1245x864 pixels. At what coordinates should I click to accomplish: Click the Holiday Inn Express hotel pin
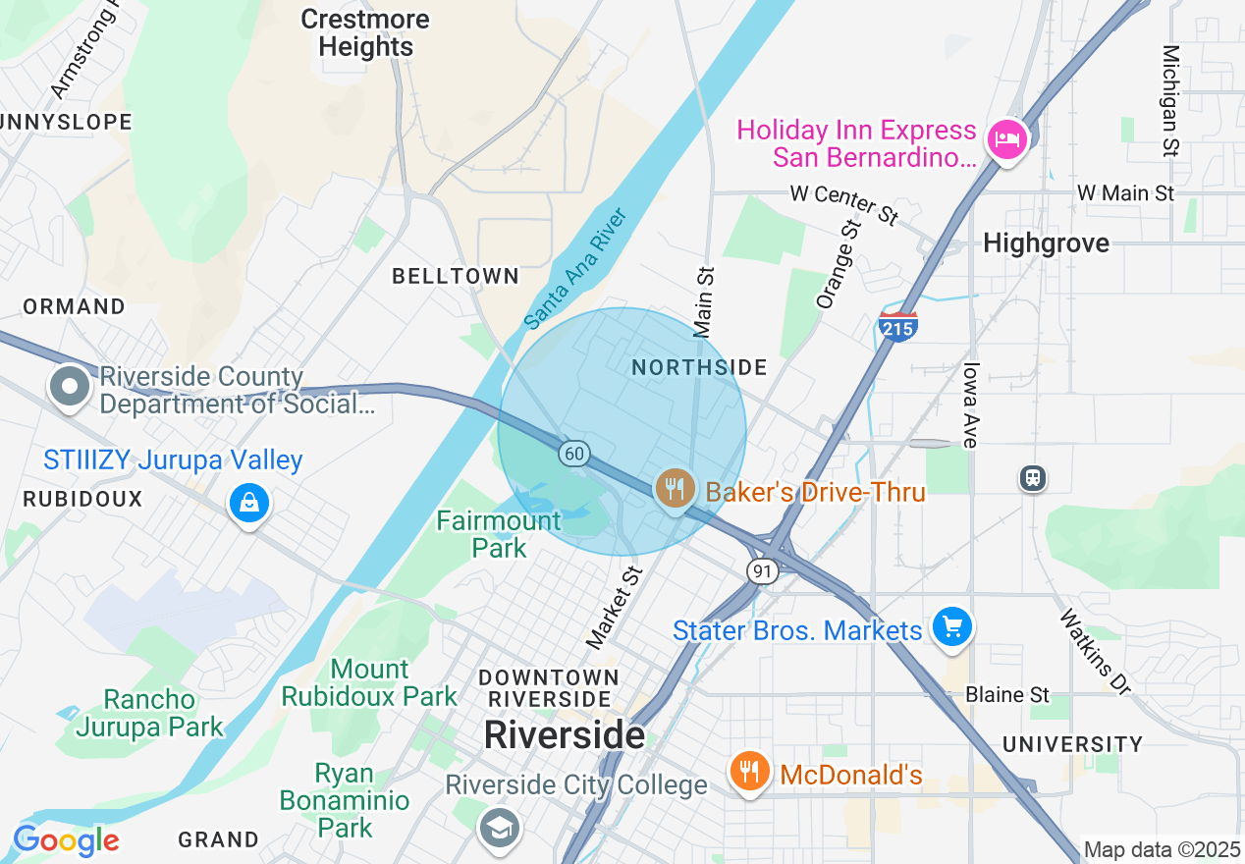tap(1006, 140)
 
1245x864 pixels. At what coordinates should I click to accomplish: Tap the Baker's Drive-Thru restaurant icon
tap(675, 488)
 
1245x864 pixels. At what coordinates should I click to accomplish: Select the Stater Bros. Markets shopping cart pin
tap(951, 626)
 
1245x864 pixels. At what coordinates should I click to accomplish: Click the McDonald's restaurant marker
tap(748, 772)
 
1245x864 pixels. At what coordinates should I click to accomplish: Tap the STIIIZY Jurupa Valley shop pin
tap(249, 504)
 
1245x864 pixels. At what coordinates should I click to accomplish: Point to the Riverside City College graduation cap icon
tap(499, 828)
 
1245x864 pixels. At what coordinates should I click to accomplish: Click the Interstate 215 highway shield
tap(898, 327)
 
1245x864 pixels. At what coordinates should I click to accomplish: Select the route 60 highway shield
tap(574, 453)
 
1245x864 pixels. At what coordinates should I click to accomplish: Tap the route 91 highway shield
tap(762, 570)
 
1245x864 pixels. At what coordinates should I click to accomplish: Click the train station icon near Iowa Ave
tap(1032, 478)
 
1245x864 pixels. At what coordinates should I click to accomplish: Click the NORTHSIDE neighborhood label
tap(699, 367)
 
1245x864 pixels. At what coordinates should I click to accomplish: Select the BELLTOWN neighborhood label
tap(456, 276)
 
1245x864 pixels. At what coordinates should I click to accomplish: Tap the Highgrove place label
tap(1046, 243)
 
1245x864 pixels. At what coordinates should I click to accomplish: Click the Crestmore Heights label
tap(365, 33)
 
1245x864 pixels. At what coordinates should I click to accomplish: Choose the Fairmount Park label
tap(499, 533)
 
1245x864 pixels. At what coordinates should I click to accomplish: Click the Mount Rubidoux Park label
tap(369, 683)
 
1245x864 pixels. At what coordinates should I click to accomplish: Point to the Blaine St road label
tap(1007, 694)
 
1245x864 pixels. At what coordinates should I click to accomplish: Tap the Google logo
tap(66, 840)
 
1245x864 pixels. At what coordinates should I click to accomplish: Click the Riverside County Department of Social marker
tap(70, 387)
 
